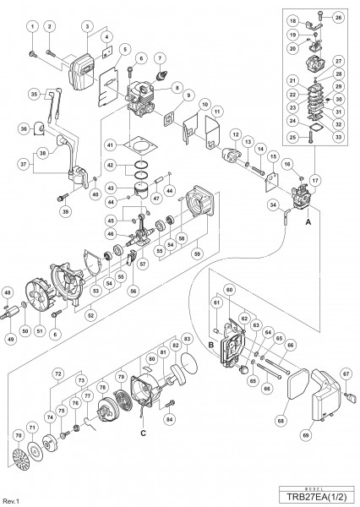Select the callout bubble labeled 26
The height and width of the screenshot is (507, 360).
coord(338,16)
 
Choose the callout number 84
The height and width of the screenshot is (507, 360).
coord(170,417)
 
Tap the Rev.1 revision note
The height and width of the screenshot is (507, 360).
coord(11,499)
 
